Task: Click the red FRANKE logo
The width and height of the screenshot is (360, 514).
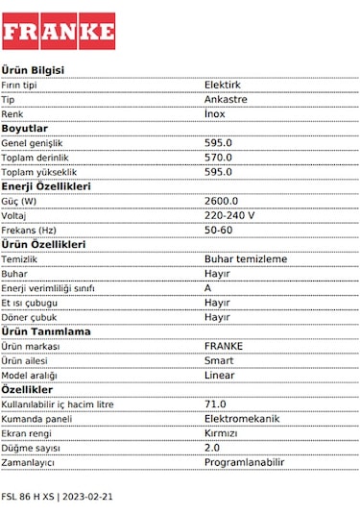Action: tap(59, 32)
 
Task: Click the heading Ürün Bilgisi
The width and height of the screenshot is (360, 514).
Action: tap(33, 70)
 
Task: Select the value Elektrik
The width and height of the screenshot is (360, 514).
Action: tap(223, 85)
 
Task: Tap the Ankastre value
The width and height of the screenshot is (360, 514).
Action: tap(226, 99)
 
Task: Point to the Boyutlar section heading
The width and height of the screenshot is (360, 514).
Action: tap(25, 128)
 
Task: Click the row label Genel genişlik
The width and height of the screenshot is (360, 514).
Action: tap(38, 142)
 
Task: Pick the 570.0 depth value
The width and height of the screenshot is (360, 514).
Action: tap(218, 157)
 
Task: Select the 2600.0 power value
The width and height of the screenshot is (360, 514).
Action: tap(221, 201)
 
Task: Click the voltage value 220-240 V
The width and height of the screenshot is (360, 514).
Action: tap(229, 215)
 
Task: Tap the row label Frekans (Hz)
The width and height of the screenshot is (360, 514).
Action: tap(29, 230)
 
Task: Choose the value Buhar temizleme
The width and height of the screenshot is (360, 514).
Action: tap(246, 258)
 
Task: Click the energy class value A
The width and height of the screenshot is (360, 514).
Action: tap(207, 287)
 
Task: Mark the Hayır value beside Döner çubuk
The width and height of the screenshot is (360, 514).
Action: tap(217, 316)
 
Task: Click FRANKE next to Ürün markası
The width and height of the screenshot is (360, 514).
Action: tap(224, 346)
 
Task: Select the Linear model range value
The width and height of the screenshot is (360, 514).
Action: tap(219, 375)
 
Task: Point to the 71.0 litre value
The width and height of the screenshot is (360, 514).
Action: tap(215, 404)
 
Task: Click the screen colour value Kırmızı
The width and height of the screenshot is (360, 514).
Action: tap(221, 432)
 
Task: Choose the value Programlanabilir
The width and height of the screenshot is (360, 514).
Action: tap(245, 462)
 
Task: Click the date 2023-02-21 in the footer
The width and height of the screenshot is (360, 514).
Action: tap(87, 497)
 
